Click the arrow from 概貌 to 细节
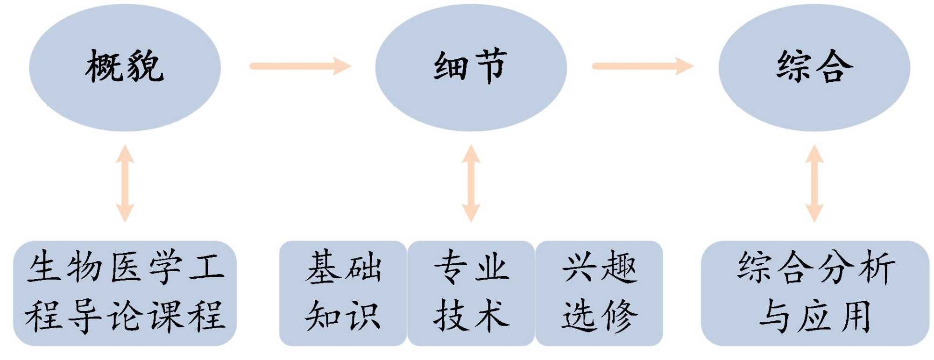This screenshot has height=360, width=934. [300, 66]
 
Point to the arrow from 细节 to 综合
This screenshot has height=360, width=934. [643, 66]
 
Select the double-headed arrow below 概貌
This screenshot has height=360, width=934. [125, 183]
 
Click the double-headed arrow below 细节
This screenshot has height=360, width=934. [471, 183]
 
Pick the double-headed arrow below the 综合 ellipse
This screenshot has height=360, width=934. [814, 183]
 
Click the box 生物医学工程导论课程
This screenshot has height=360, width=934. [125, 292]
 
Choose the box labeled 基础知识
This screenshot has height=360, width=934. [343, 292]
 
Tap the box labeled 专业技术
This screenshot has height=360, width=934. [471, 292]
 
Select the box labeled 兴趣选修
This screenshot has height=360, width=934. [599, 292]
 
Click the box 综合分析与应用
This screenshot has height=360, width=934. [815, 292]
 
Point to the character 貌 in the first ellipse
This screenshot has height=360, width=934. [146, 66]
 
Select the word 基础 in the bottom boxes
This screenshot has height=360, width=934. [343, 268]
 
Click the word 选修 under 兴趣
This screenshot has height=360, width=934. [599, 316]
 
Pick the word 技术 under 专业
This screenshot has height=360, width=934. [471, 316]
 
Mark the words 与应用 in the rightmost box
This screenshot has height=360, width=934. [815, 317]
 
